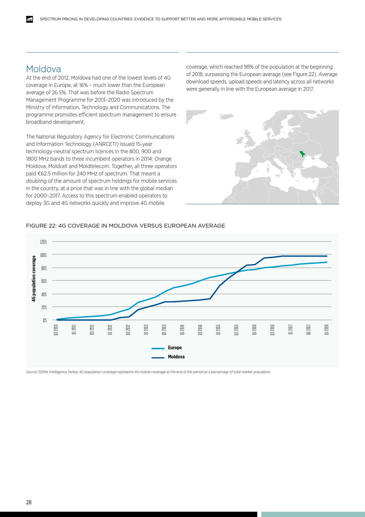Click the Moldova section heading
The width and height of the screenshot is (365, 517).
pos(44,69)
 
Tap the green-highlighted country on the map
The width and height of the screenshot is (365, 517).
pos(302,154)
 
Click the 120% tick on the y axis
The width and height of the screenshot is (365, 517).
pos(44,242)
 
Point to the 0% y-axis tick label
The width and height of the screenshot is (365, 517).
pos(45,320)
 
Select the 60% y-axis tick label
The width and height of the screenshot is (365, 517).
pos(44,281)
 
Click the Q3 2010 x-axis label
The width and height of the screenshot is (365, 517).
pos(56,330)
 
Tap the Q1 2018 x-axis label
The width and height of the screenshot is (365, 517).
pos(326,330)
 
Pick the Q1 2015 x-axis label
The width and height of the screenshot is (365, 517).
pos(218,330)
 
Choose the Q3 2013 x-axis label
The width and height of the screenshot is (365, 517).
pos(164,330)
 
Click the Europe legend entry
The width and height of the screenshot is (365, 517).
pos(175,348)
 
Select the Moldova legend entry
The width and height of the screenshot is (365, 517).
pos(176,357)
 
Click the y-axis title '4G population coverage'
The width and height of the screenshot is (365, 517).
pos(34,279)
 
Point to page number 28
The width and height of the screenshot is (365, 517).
pos(29,503)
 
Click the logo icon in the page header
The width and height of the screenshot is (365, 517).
pos(29,19)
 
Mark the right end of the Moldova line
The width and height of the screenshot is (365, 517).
pos(327,256)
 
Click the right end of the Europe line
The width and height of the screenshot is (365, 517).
pos(327,262)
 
